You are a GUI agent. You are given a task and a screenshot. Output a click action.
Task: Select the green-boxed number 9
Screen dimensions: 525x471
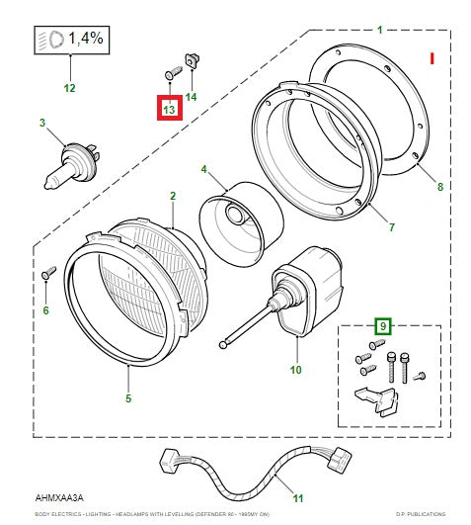(382, 324)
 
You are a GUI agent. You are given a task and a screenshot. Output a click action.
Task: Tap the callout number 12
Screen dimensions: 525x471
(69, 88)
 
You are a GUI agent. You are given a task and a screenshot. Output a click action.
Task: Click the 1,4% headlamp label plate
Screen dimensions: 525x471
(69, 41)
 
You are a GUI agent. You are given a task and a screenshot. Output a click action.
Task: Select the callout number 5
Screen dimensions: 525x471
(128, 399)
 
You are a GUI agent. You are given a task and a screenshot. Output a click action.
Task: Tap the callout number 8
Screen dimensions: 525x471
(440, 187)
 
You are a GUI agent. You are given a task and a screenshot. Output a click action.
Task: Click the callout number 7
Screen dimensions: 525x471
(391, 227)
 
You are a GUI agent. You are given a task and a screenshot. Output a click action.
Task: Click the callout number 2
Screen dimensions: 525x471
(172, 196)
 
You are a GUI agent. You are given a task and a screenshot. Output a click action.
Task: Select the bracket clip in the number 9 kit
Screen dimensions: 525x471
(374, 400)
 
